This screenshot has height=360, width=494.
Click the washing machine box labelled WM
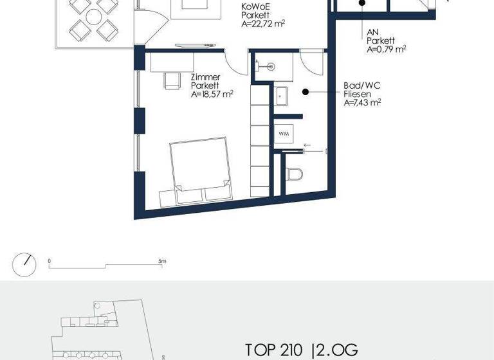(284, 134)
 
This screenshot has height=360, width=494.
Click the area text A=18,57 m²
(212, 94)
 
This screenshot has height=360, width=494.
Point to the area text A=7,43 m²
(362, 102)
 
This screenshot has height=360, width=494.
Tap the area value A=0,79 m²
(387, 49)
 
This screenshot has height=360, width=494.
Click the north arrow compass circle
(24, 264)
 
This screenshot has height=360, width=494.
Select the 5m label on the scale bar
(162, 262)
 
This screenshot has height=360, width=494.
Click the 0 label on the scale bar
(50, 262)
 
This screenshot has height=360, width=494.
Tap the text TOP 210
(273, 350)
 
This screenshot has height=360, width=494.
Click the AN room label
(372, 31)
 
